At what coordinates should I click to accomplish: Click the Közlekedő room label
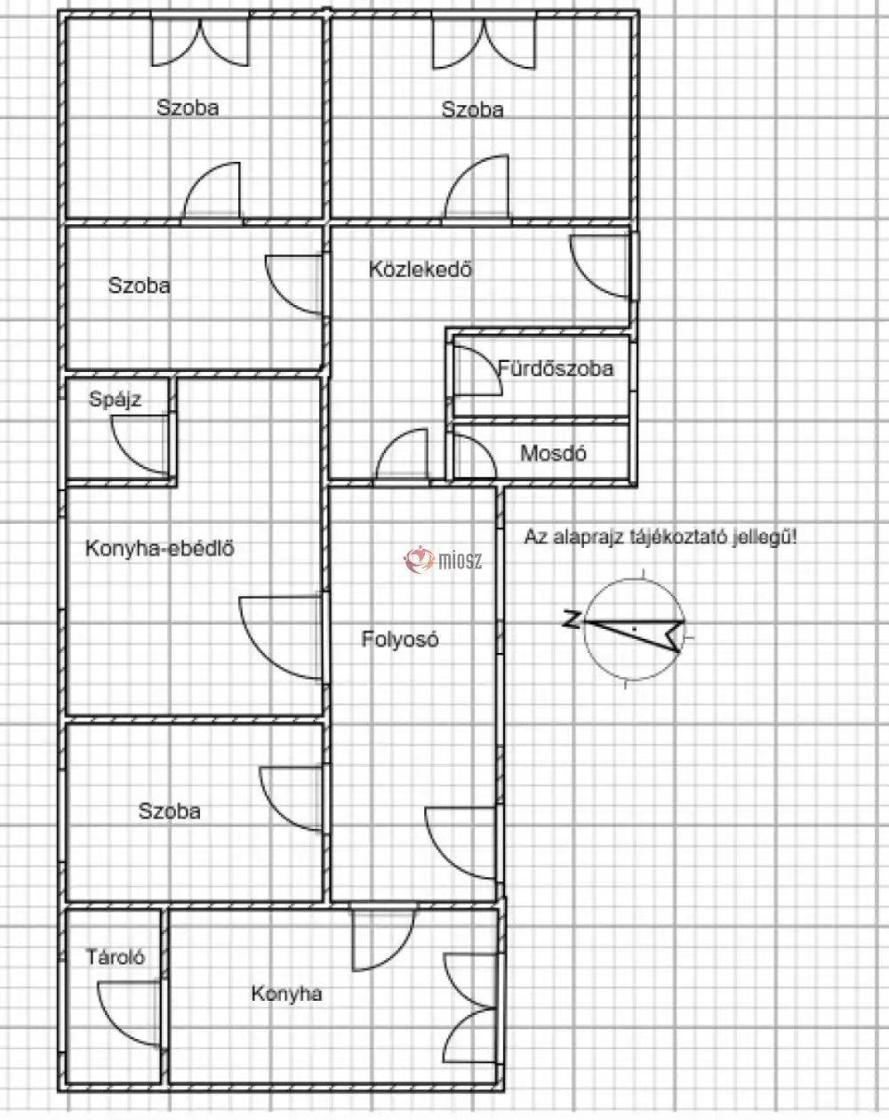(420, 269)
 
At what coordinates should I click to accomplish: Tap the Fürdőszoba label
(556, 368)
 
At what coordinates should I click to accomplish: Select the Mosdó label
(553, 454)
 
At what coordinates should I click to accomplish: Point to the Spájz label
(115, 399)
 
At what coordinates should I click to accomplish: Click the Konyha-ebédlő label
(160, 548)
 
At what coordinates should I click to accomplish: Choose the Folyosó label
(399, 639)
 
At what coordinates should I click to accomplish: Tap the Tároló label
(115, 957)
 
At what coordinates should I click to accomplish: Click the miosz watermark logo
(443, 560)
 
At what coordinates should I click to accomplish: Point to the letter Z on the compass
(572, 619)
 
